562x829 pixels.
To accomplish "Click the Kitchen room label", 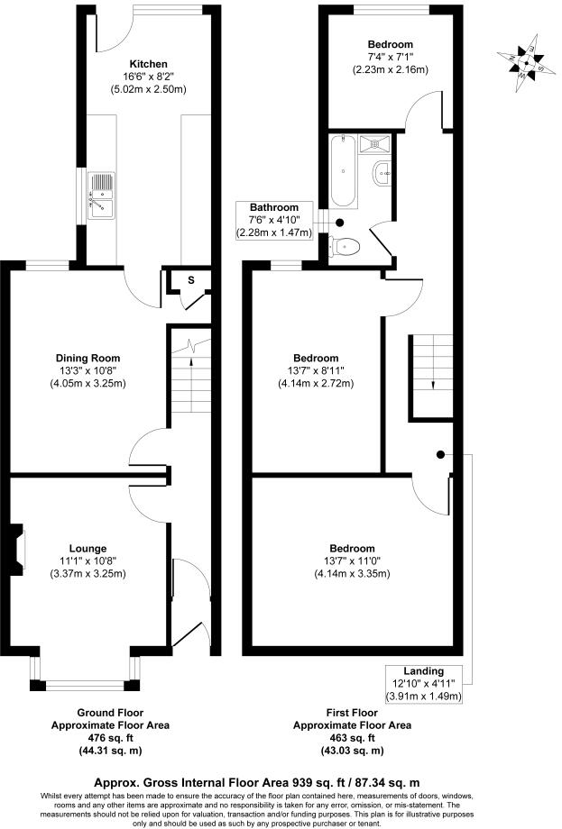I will pyautogui.click(x=149, y=64).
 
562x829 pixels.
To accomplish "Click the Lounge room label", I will pyautogui.click(x=88, y=548).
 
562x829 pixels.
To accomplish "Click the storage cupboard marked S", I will pyautogui.click(x=190, y=280).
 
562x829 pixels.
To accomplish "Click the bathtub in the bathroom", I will pyautogui.click(x=343, y=171).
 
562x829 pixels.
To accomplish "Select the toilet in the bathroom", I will pyautogui.click(x=346, y=245).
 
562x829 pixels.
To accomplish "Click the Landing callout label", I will pyautogui.click(x=423, y=670).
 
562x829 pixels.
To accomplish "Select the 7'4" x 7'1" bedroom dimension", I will pyautogui.click(x=390, y=58).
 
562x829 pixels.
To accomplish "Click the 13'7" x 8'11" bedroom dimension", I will pyautogui.click(x=315, y=370).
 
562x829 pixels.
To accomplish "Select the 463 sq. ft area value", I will pyautogui.click(x=353, y=738).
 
